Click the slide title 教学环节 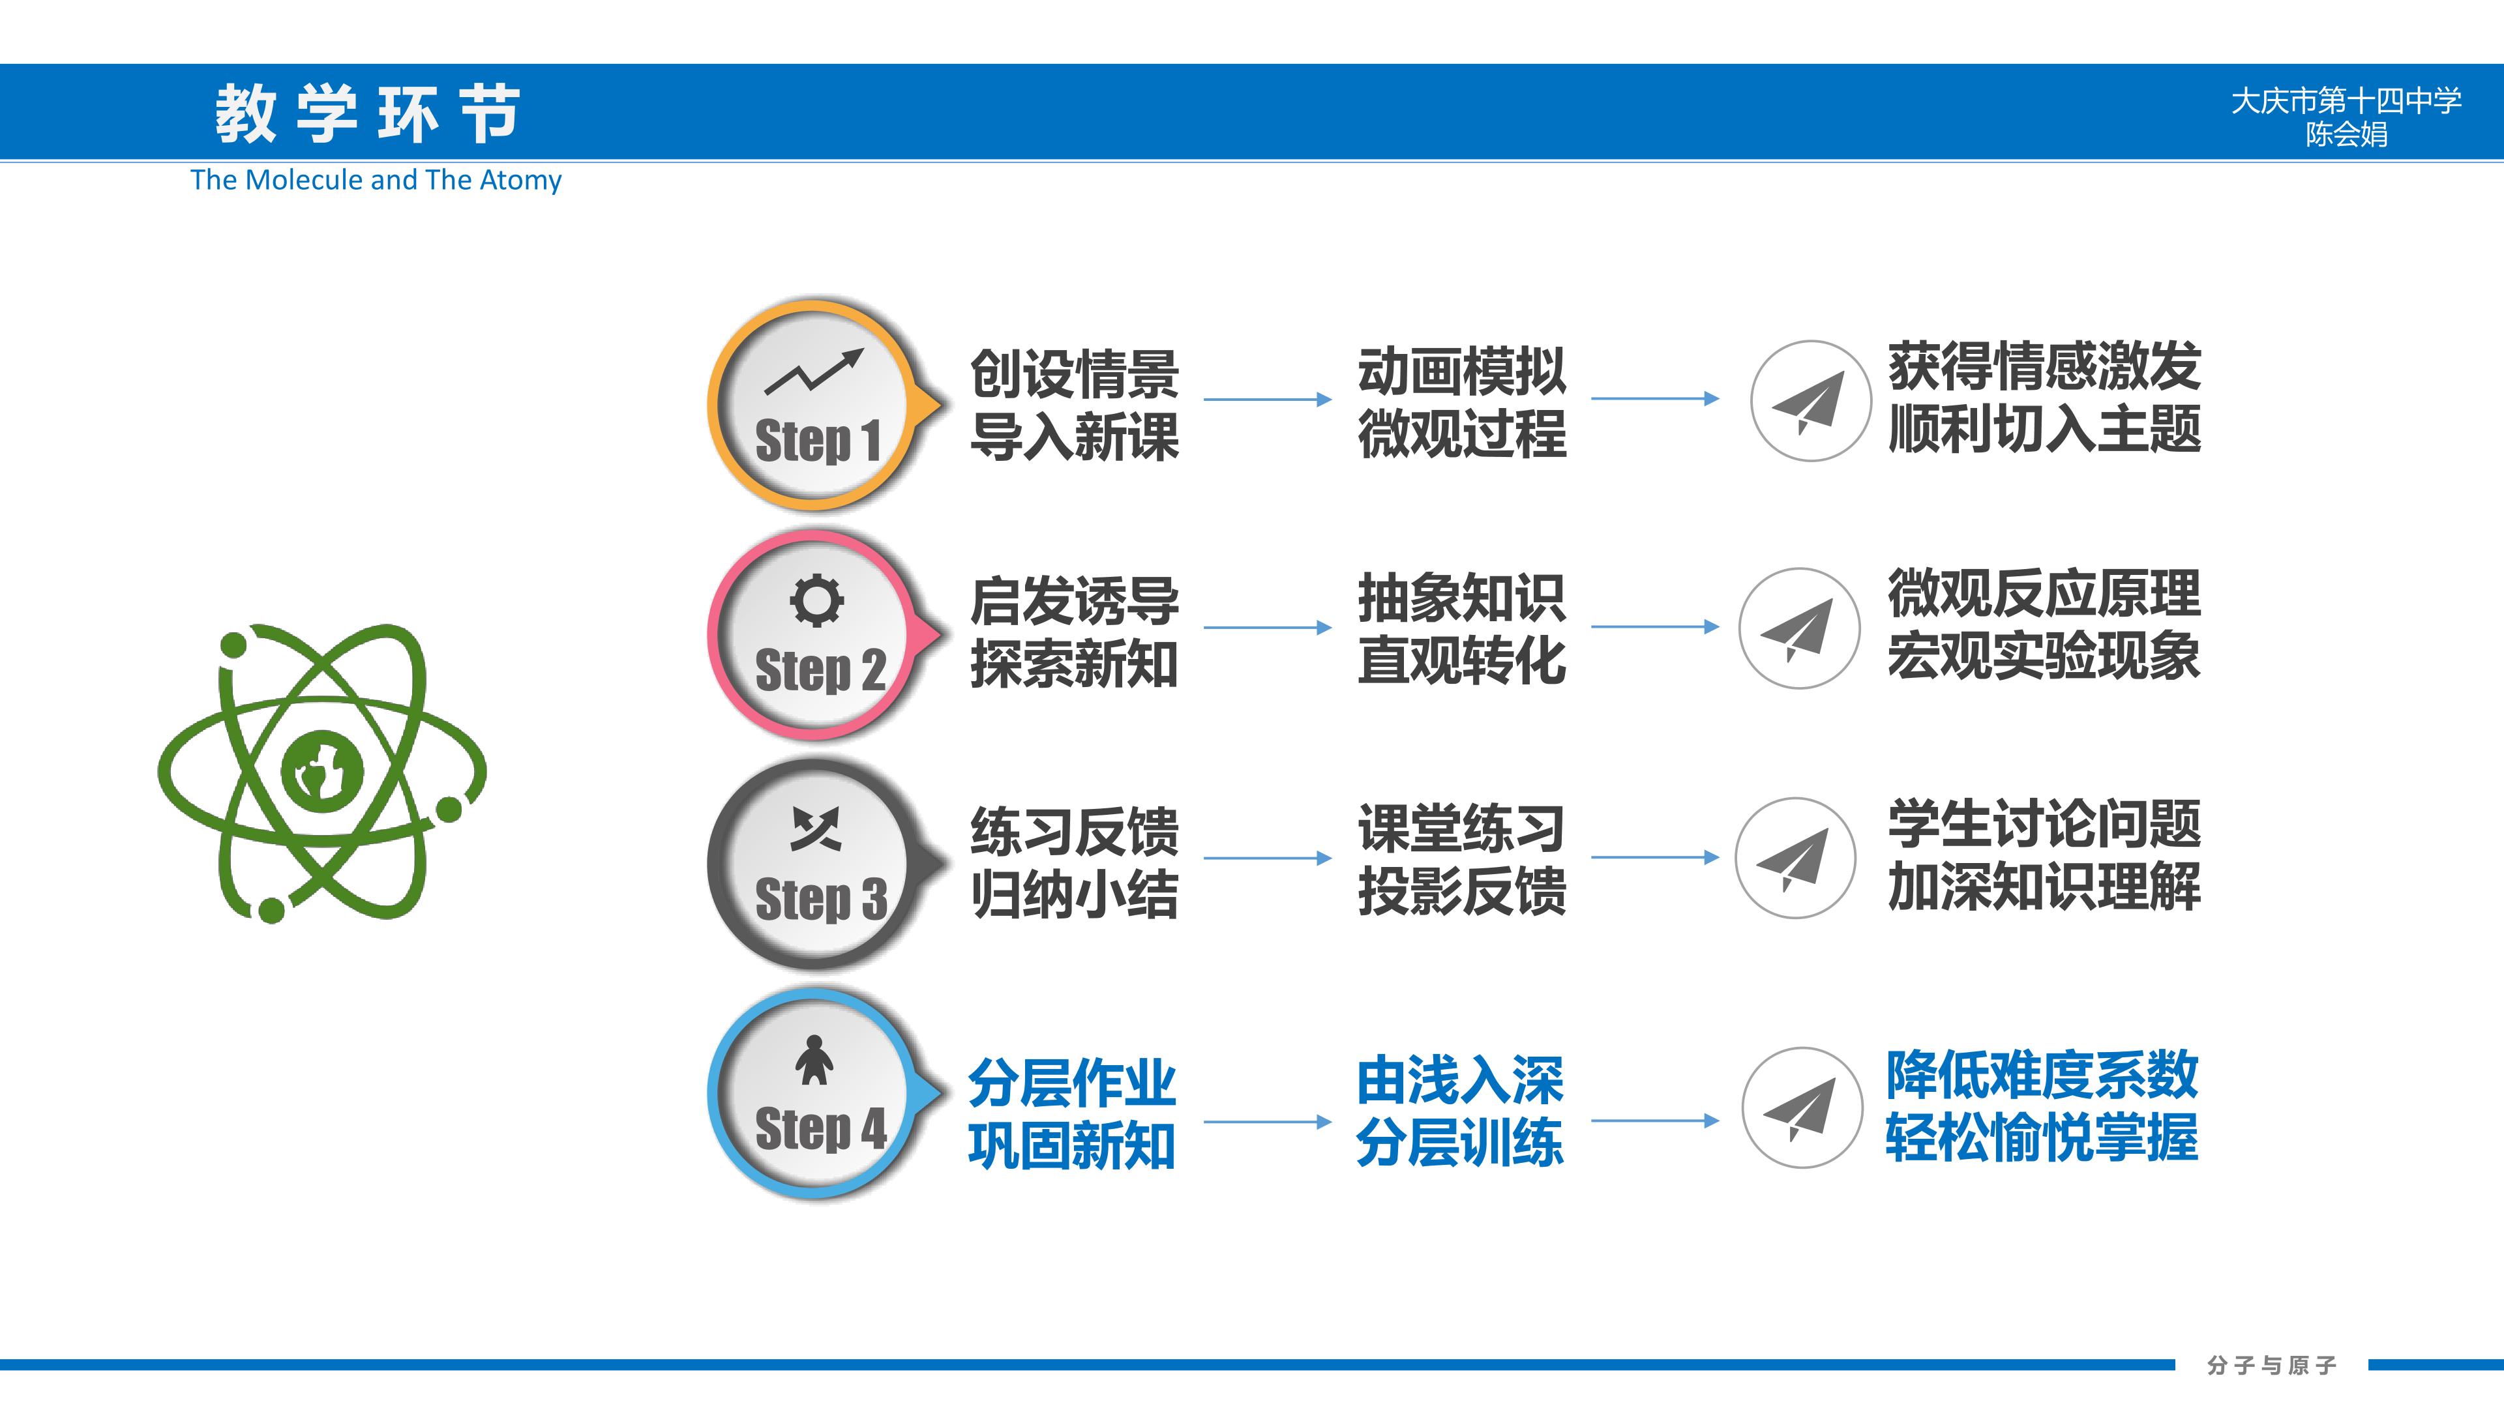point(367,113)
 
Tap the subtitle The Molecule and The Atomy point(376,180)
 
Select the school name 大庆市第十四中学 point(2346,100)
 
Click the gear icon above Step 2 point(816,600)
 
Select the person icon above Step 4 point(814,1059)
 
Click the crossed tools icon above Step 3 point(816,829)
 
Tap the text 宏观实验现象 point(2043,655)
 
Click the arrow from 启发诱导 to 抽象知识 point(1268,628)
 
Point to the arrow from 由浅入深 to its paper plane point(1654,1121)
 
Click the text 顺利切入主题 point(2044,428)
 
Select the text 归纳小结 point(1074,894)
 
